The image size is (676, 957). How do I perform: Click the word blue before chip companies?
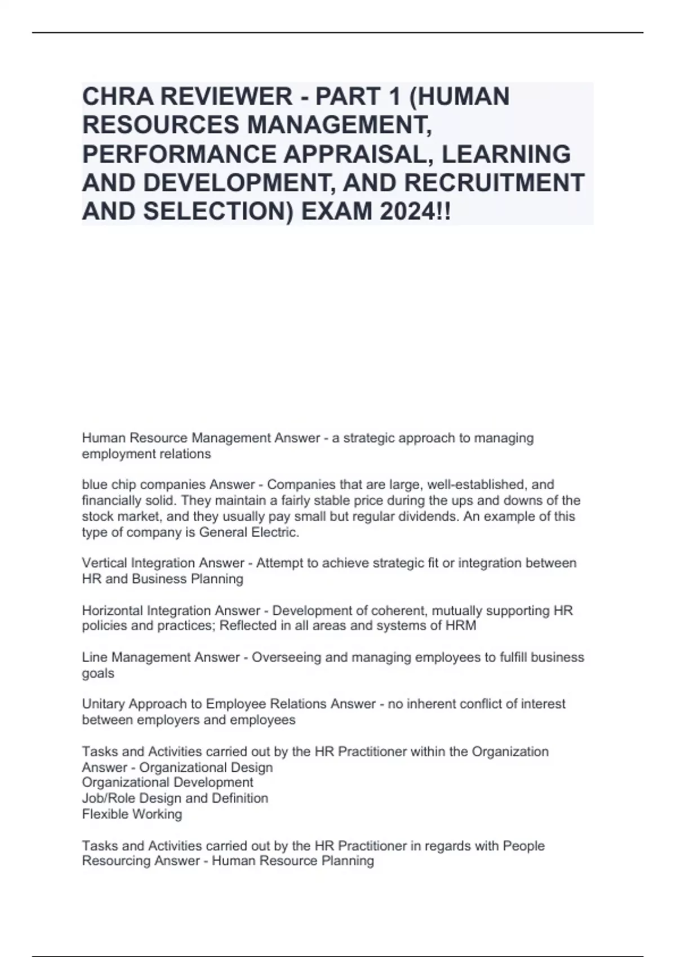[x=94, y=485]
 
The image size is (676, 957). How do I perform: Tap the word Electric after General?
[x=275, y=533]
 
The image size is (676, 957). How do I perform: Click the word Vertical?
[x=104, y=564]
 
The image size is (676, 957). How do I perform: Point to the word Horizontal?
[x=112, y=611]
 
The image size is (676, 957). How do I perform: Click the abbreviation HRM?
[x=460, y=626]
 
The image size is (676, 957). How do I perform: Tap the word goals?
[x=98, y=673]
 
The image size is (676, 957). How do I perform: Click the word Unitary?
[x=103, y=704]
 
